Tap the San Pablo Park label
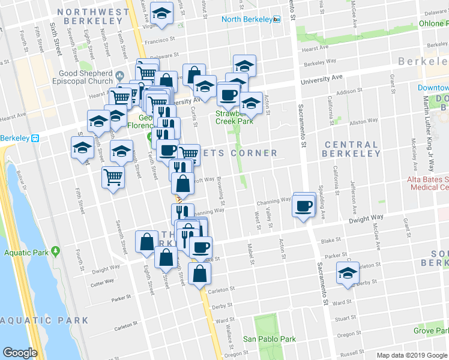point(270,339)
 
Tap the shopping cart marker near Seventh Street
point(113,178)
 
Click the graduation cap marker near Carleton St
point(347,272)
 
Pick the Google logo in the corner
point(20,352)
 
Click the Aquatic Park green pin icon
point(56,250)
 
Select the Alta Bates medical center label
point(429,183)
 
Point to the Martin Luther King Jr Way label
point(429,123)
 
